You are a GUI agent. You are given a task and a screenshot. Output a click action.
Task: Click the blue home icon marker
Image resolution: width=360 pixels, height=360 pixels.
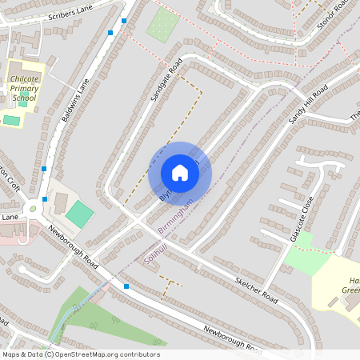point(180,173)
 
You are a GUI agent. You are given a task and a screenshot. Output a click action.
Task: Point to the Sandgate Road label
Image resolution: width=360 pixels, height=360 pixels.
point(166,79)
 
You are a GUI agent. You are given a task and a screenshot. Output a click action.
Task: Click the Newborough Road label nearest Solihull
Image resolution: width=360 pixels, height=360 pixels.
point(73,246)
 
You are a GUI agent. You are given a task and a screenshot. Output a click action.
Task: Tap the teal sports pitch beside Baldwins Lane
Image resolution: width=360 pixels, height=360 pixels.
point(78,214)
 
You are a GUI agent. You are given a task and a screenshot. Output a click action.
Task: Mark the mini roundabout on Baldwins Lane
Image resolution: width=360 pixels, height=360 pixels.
point(33,210)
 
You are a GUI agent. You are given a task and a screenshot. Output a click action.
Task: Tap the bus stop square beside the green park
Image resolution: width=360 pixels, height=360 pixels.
point(126,286)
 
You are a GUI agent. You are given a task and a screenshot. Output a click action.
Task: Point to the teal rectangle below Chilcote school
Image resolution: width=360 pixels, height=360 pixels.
point(11,121)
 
